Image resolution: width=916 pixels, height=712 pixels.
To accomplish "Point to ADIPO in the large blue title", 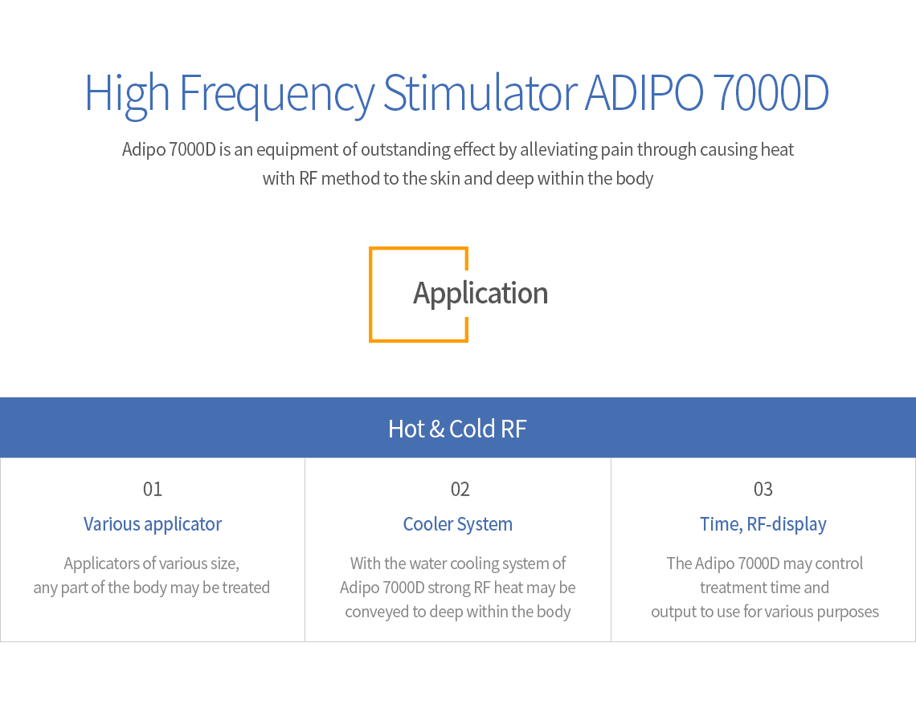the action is pos(644,93).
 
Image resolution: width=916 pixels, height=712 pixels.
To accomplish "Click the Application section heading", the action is pos(480,294).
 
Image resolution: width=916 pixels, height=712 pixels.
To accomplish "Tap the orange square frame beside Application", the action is pos(370,294).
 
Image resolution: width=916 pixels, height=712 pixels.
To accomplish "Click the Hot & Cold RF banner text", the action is pos(457,429).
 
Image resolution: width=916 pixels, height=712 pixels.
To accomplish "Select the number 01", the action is pos(153,489).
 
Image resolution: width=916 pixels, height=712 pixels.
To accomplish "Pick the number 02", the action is pos(460,489).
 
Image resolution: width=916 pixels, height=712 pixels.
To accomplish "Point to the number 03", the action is pos(763,489).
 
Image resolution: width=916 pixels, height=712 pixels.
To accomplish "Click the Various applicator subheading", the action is pos(153,525).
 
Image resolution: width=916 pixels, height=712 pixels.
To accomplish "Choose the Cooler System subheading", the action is pos(457,525).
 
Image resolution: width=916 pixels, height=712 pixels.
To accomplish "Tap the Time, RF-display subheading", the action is pos(763,525).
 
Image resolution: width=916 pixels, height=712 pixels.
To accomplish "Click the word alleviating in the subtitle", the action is pos(558,150).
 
